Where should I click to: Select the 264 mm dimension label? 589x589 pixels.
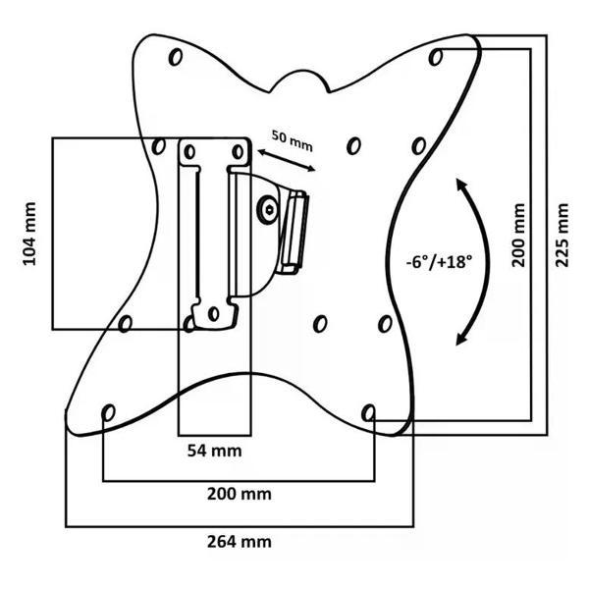pyautogui.click(x=240, y=541)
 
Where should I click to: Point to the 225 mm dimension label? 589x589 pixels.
pyautogui.click(x=561, y=236)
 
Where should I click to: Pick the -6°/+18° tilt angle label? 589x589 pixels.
pyautogui.click(x=438, y=262)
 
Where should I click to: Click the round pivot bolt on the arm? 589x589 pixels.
pyautogui.click(x=268, y=208)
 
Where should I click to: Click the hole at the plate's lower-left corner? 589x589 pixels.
pyautogui.click(x=108, y=410)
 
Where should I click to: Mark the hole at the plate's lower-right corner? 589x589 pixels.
pyautogui.click(x=369, y=410)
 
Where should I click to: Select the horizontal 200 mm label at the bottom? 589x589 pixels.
pyautogui.click(x=239, y=494)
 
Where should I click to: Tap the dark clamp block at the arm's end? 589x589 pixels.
pyautogui.click(x=293, y=233)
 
